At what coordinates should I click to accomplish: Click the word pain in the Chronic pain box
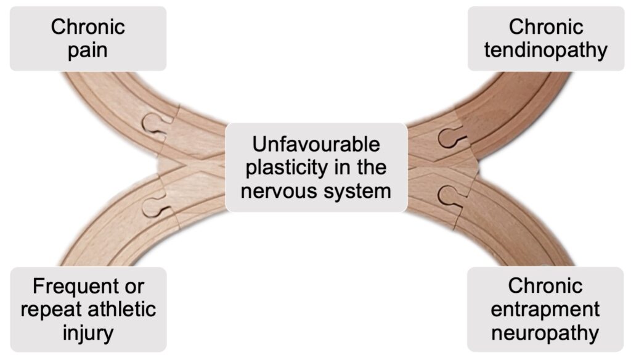click(88, 51)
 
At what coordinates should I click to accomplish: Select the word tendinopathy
click(546, 51)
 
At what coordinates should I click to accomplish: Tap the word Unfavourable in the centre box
click(316, 144)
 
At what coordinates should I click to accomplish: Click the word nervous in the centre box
click(276, 191)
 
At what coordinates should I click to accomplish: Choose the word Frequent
click(75, 287)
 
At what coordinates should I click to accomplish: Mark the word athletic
click(121, 309)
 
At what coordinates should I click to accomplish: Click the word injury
click(88, 333)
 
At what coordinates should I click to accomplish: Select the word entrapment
click(545, 309)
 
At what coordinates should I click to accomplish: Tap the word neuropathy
click(545, 333)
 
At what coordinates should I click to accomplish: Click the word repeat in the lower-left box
click(52, 310)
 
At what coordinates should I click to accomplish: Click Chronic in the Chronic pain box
click(88, 27)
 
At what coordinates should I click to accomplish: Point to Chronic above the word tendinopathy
click(546, 27)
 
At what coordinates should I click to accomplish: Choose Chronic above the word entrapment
click(545, 286)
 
